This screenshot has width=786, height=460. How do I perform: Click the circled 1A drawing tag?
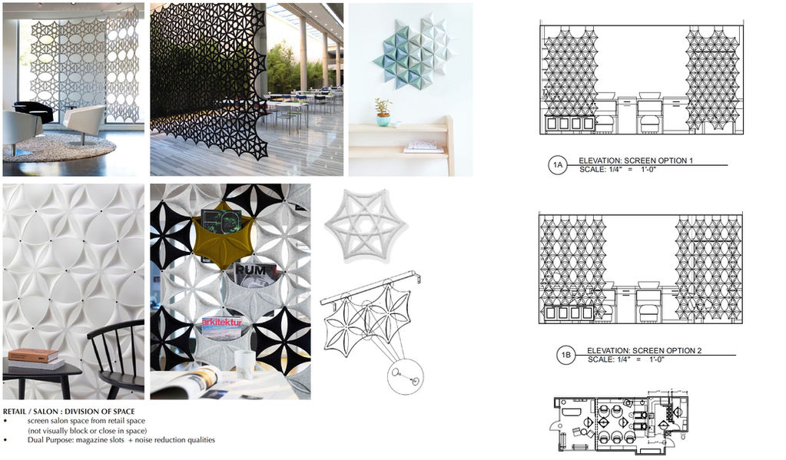(558, 165)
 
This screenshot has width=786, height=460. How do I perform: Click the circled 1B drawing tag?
(566, 355)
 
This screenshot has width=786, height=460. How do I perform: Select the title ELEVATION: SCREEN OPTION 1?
(635, 161)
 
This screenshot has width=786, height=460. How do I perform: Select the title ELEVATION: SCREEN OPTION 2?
(644, 350)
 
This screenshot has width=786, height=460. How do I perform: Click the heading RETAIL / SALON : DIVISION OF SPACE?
(68, 412)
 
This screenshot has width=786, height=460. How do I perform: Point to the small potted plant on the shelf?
(383, 113)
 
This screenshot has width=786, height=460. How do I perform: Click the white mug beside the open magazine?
(245, 364)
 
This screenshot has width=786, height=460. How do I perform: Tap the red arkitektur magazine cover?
(221, 328)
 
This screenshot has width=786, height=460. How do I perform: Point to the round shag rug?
(59, 147)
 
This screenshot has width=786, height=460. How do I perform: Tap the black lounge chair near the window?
(33, 111)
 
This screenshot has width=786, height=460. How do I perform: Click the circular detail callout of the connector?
(405, 376)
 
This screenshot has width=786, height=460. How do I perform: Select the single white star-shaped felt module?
(366, 226)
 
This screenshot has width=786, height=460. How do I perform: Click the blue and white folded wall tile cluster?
(413, 51)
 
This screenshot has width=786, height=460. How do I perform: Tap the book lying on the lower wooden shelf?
(424, 147)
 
